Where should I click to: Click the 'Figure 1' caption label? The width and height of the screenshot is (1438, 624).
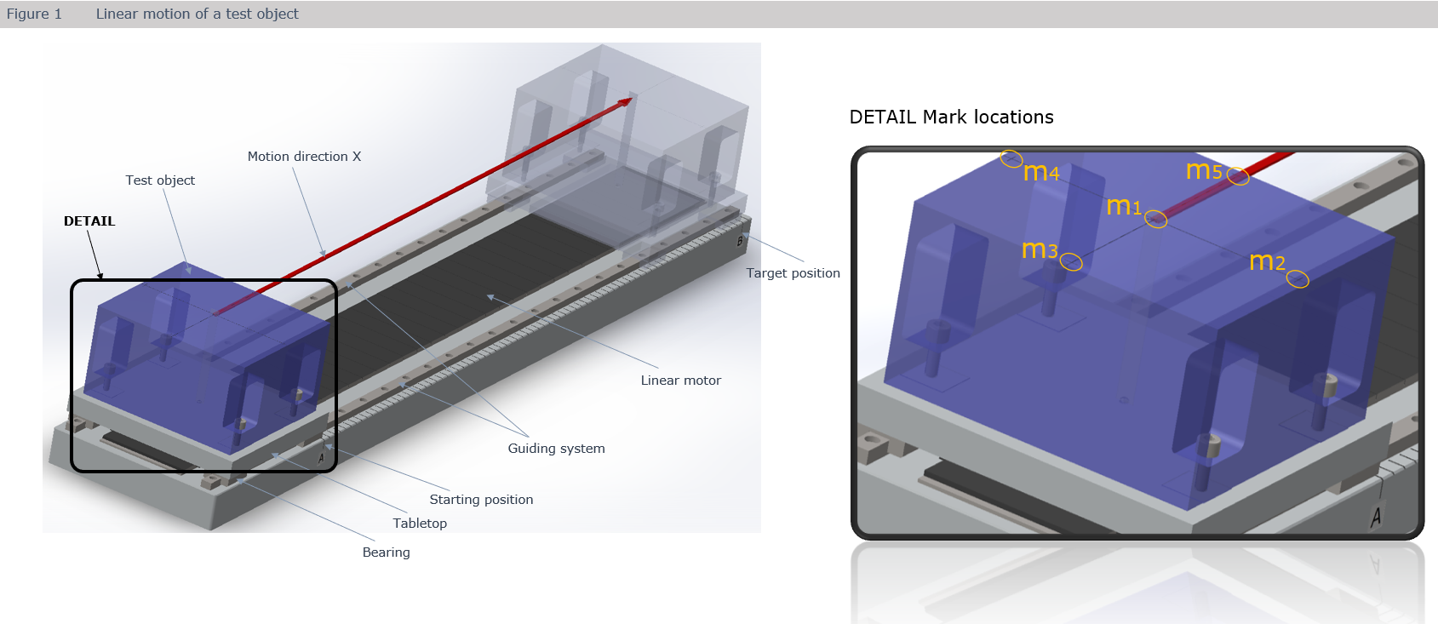pyautogui.click(x=34, y=14)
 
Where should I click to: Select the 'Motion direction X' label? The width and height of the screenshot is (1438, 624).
pyautogui.click(x=304, y=157)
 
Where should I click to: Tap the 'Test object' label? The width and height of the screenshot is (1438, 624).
pyautogui.click(x=160, y=180)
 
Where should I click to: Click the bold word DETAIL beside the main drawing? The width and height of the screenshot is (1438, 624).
pyautogui.click(x=89, y=221)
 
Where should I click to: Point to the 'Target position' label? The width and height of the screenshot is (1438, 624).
pyautogui.click(x=793, y=273)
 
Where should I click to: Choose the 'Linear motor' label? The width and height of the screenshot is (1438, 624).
pyautogui.click(x=680, y=381)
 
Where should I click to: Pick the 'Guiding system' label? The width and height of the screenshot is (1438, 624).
pyautogui.click(x=556, y=449)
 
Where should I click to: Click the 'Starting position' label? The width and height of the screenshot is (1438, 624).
pyautogui.click(x=481, y=500)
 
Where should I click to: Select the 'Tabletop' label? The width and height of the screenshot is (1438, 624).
pyautogui.click(x=420, y=524)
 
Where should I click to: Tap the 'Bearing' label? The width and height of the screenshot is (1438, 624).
pyautogui.click(x=386, y=552)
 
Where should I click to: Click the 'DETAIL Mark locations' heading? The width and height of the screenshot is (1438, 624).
pyautogui.click(x=951, y=117)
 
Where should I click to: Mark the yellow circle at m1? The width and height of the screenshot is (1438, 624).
pyautogui.click(x=1155, y=220)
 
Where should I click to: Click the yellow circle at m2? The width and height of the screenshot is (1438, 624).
pyautogui.click(x=1298, y=279)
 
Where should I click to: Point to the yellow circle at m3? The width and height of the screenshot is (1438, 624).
pyautogui.click(x=1071, y=262)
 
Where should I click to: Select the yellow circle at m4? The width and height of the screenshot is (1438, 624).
pyautogui.click(x=1011, y=158)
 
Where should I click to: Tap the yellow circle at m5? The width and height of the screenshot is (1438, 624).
pyautogui.click(x=1238, y=176)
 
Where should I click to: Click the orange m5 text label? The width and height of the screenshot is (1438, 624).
pyautogui.click(x=1204, y=170)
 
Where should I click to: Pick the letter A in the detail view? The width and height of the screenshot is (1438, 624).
pyautogui.click(x=1376, y=516)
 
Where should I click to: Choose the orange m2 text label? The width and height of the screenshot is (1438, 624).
pyautogui.click(x=1267, y=261)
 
